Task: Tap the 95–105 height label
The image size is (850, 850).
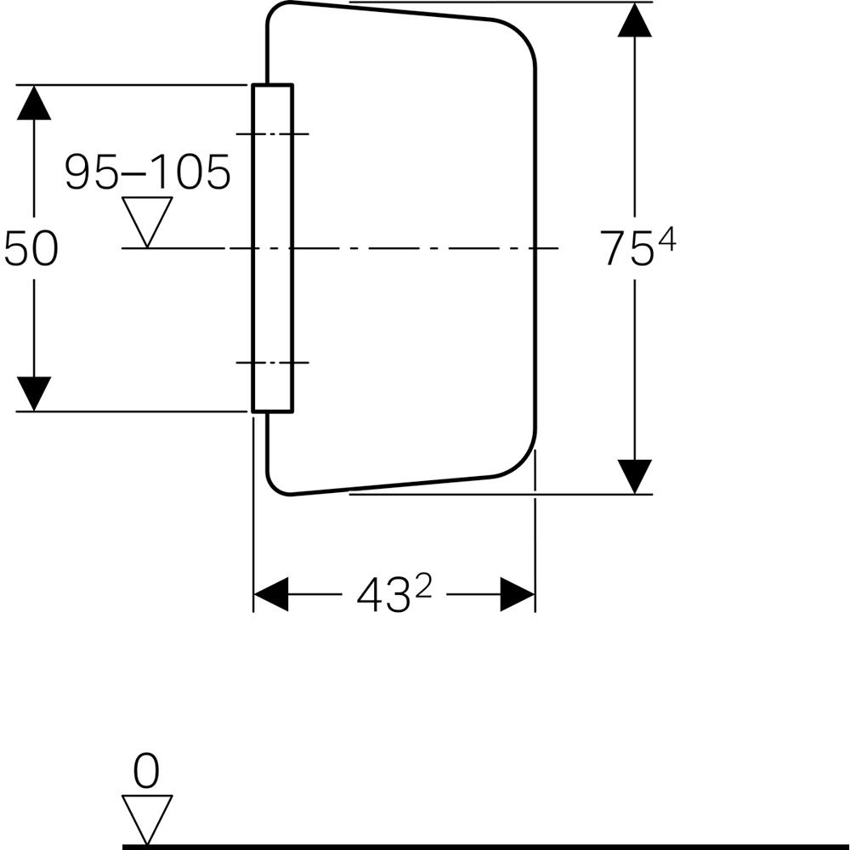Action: pyautogui.click(x=148, y=173)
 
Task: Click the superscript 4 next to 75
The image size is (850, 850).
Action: pyautogui.click(x=666, y=241)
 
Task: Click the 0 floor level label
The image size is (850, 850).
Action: pyautogui.click(x=146, y=773)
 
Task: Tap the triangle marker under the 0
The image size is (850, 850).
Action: pyautogui.click(x=147, y=817)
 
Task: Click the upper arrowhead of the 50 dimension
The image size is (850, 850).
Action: pyautogui.click(x=34, y=103)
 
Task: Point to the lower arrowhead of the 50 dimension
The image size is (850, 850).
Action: pyautogui.click(x=34, y=394)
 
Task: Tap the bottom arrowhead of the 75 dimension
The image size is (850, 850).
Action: pyautogui.click(x=635, y=475)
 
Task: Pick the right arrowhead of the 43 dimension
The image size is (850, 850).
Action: pyautogui.click(x=517, y=594)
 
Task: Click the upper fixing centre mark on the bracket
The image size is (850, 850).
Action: pyautogui.click(x=272, y=134)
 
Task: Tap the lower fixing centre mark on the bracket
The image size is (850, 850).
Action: pyautogui.click(x=272, y=362)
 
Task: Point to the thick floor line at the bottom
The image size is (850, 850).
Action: pyautogui.click(x=484, y=846)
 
